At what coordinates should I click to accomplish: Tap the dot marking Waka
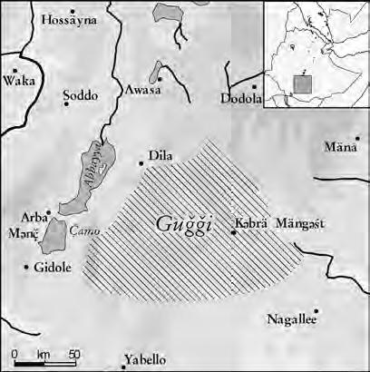pyautogui.click(x=15, y=68)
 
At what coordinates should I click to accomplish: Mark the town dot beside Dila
pyautogui.click(x=141, y=163)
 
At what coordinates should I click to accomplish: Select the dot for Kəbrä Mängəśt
pyautogui.click(x=233, y=232)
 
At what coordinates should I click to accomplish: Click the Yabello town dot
pyautogui.click(x=122, y=367)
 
